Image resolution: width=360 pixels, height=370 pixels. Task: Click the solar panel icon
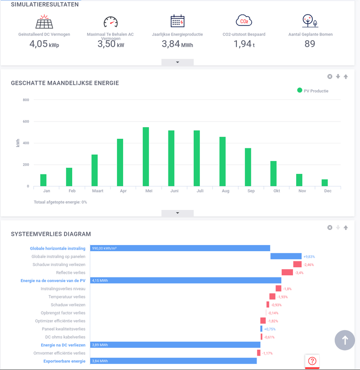[x=44, y=21]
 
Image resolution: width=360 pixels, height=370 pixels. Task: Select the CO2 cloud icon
[x=244, y=21]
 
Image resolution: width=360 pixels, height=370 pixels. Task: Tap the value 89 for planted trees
[x=310, y=44]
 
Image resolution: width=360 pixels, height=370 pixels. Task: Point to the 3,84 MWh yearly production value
[x=177, y=44]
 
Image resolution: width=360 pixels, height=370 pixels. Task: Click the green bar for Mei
[x=146, y=157]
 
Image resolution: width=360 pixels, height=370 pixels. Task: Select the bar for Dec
[x=325, y=183]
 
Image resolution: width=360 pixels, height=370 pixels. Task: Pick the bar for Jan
[x=43, y=180]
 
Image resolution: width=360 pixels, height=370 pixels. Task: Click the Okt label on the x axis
[x=276, y=191]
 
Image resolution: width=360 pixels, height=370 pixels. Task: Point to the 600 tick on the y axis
[x=25, y=122]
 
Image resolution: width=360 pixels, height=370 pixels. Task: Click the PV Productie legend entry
[x=313, y=91]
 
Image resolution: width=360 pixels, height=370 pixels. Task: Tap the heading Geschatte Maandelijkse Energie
[x=65, y=83]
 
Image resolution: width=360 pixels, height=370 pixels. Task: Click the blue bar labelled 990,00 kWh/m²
[x=180, y=248]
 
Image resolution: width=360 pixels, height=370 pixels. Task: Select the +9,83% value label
[x=309, y=257]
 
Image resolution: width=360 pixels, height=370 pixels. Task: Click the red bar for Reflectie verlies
[x=287, y=272]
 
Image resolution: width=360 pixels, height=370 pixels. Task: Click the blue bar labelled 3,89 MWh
[x=175, y=345]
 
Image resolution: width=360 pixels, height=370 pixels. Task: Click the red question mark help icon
[x=312, y=361]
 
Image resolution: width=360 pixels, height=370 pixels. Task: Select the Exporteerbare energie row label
[x=64, y=361]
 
